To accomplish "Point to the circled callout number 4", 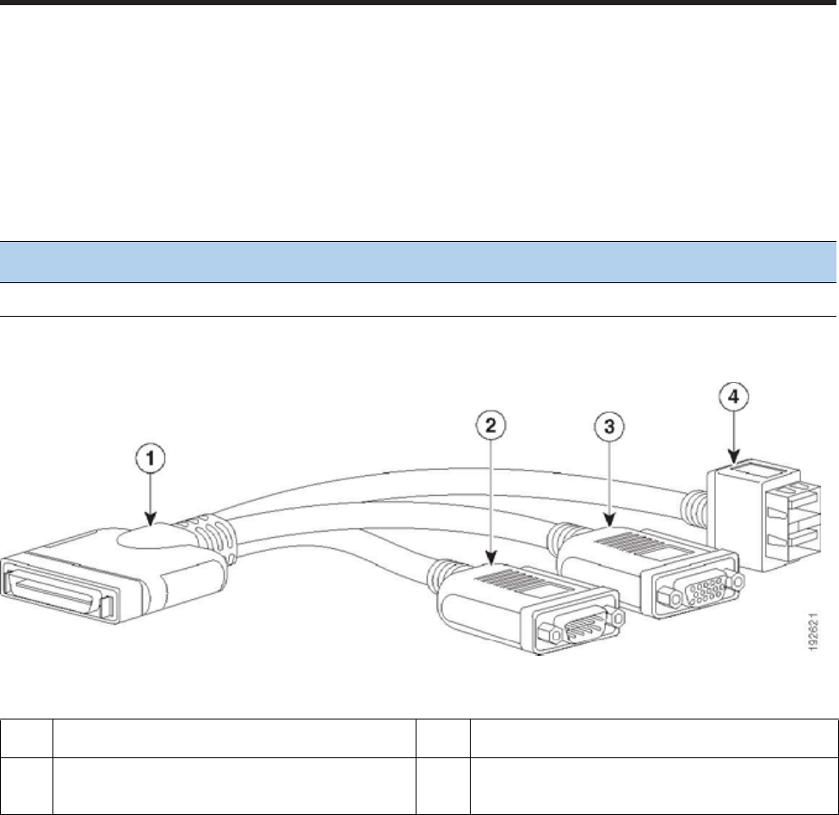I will pos(731,398).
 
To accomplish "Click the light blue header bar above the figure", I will pos(419,262).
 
